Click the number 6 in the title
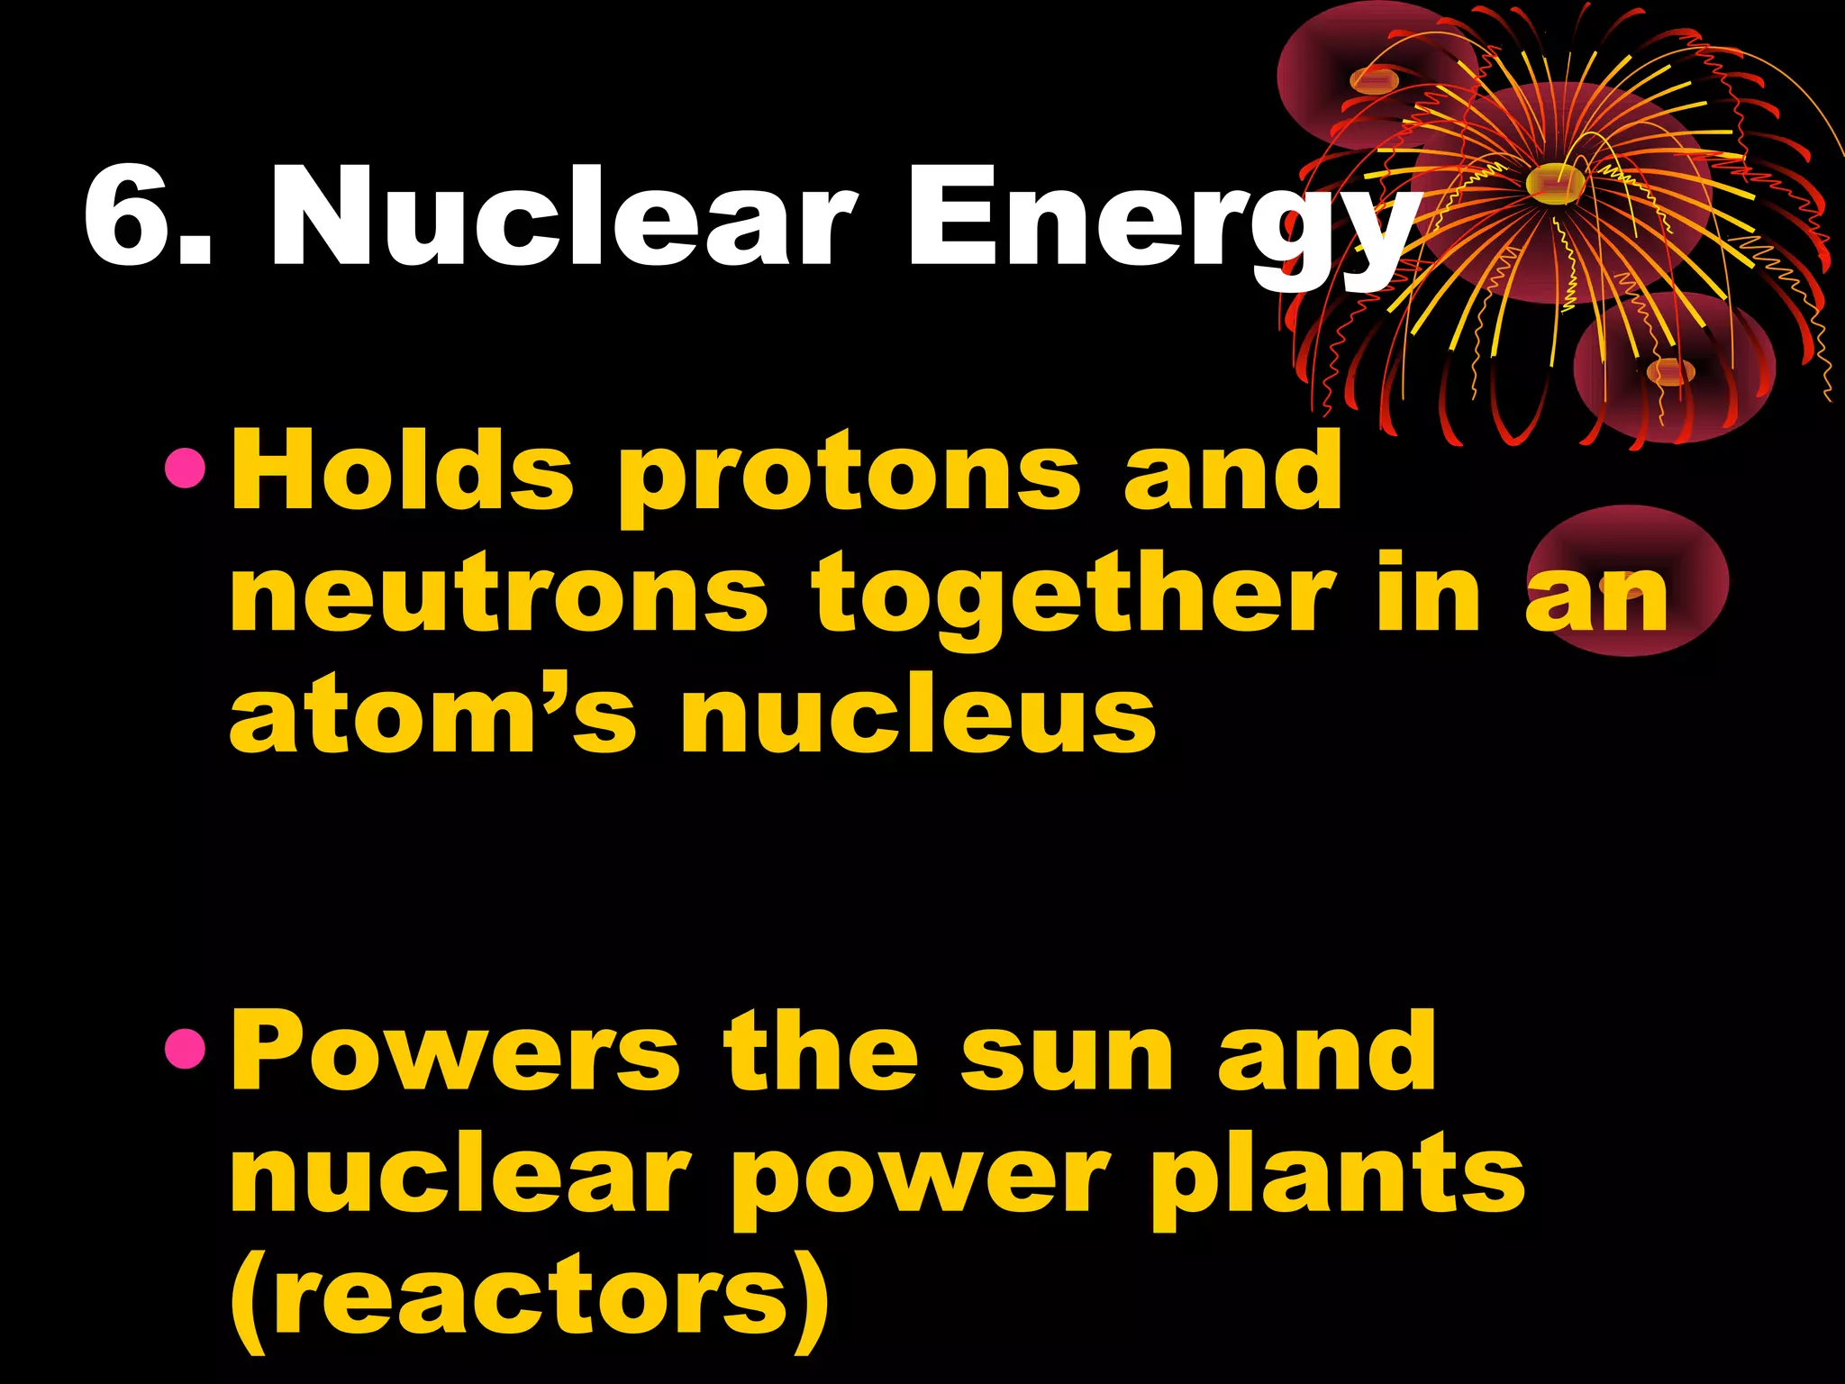click(x=126, y=217)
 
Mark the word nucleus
click(x=918, y=717)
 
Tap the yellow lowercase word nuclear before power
click(x=459, y=1175)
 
